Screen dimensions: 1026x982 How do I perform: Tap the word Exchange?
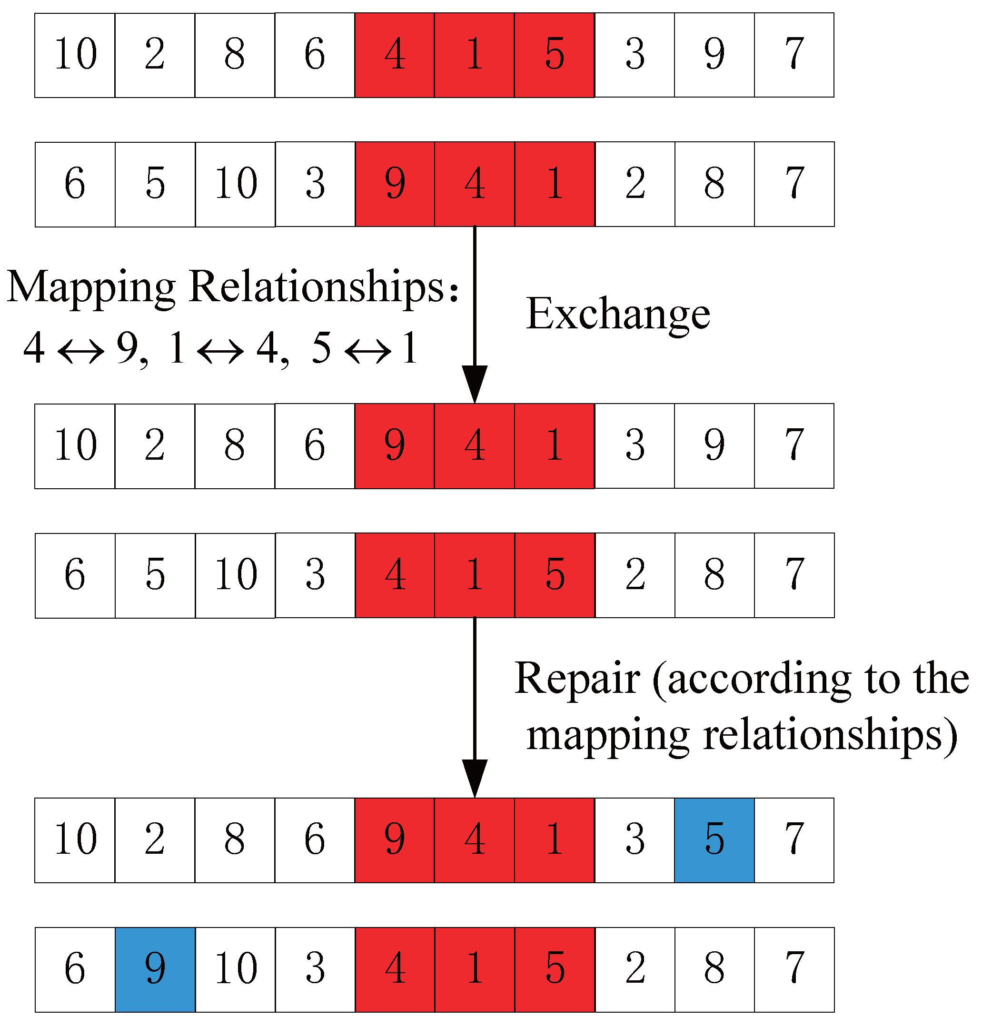[618, 314]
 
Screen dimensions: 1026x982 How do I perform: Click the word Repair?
[576, 679]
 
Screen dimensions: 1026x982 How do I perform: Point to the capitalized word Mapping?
[91, 287]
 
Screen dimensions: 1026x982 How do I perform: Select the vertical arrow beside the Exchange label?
[474, 314]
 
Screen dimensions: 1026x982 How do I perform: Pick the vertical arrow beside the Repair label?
[474, 706]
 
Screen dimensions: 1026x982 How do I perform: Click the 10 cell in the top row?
[75, 55]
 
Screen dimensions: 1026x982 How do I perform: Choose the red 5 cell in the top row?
[555, 55]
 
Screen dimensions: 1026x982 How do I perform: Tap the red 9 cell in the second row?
[395, 184]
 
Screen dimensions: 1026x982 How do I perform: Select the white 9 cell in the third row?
[714, 446]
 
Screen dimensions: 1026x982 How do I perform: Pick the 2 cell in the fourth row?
[635, 575]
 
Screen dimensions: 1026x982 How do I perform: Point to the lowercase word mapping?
[607, 735]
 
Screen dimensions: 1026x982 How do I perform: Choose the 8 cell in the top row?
[235, 55]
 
